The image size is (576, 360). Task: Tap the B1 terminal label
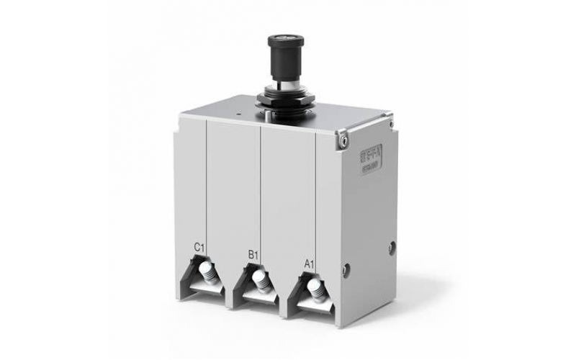click(253, 255)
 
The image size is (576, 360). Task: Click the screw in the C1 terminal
click(207, 273)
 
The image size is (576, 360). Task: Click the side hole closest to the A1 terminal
click(346, 269)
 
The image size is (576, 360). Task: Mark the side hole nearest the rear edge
click(392, 247)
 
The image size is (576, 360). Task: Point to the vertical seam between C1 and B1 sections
click(208, 187)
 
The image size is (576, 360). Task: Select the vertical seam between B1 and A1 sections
click(261, 194)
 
